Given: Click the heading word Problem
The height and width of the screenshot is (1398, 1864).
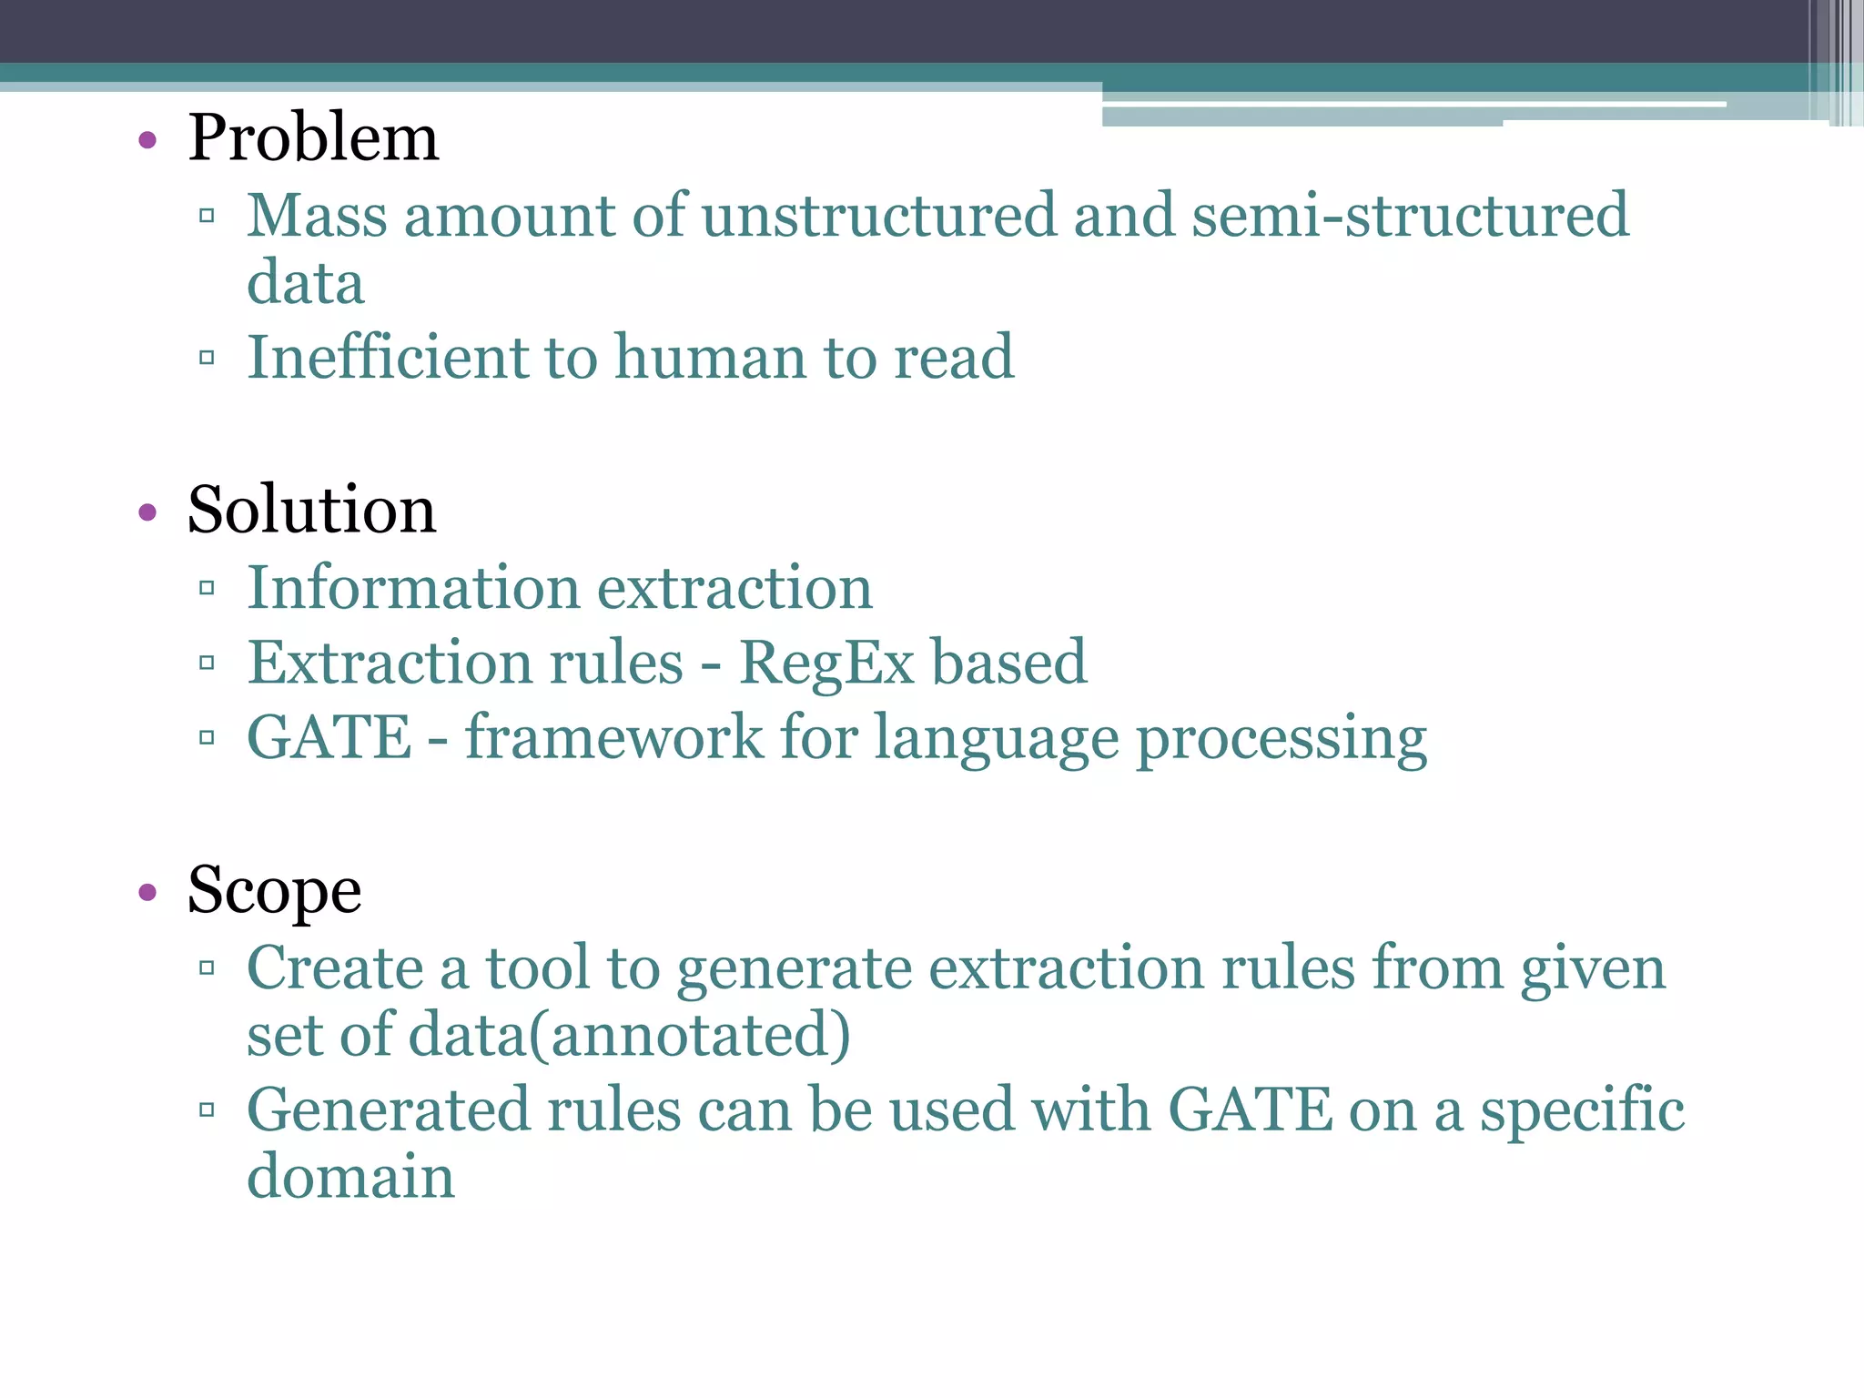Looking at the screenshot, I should [313, 138].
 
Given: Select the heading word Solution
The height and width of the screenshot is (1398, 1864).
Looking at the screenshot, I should [311, 510].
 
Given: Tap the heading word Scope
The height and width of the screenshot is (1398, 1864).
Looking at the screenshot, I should [274, 890].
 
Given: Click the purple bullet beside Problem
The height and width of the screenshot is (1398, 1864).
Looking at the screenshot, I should [147, 141].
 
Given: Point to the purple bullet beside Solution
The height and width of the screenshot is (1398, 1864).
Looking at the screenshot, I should [147, 512].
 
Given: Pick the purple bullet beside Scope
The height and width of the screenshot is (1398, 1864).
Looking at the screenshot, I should [147, 893].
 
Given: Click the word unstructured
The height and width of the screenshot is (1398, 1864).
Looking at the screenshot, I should [878, 216].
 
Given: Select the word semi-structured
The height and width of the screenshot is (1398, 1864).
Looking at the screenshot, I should [1410, 216].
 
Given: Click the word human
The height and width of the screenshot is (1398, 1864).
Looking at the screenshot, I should [711, 357].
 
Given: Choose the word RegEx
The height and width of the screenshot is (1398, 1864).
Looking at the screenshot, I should [826, 663].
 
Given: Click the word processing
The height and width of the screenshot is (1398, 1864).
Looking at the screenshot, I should [1281, 739].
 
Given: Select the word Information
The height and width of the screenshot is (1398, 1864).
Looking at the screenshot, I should [413, 588].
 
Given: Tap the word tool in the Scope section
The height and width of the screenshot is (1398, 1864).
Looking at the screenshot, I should [537, 967].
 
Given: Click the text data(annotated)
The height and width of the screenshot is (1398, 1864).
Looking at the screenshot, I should [628, 1036].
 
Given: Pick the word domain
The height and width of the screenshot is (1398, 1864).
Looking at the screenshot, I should [350, 1177].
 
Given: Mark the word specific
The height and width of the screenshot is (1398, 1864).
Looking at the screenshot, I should [1582, 1110].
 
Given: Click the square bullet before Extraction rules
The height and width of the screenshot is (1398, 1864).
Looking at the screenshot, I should [207, 663].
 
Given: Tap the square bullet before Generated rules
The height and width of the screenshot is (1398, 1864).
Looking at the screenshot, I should [207, 1109].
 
